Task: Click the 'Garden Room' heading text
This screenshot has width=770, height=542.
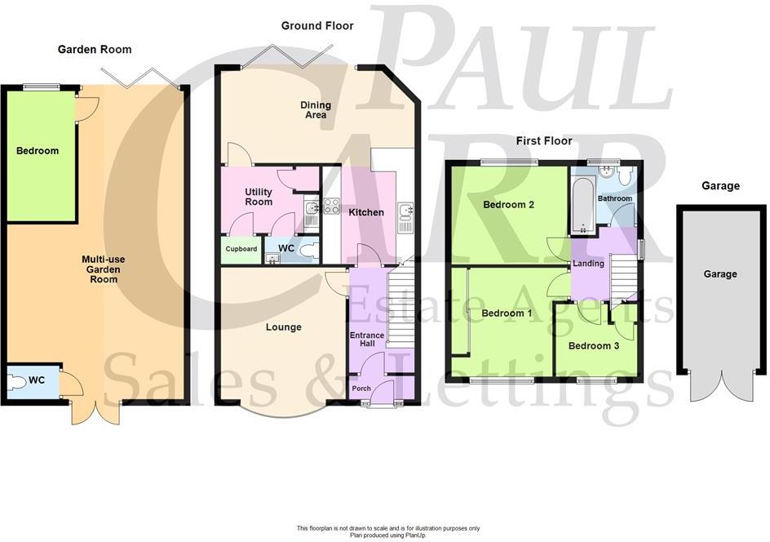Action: (x=95, y=49)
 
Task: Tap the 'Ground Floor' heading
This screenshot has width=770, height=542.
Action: (x=317, y=26)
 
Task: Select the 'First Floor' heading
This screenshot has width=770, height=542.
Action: (x=544, y=140)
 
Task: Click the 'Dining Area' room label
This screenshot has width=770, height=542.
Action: (x=316, y=109)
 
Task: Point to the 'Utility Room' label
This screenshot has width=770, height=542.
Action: (x=259, y=197)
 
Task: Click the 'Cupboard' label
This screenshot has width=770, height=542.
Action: (x=241, y=249)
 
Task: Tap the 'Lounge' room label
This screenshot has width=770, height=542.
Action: (x=283, y=327)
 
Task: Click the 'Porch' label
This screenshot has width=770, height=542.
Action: (x=361, y=389)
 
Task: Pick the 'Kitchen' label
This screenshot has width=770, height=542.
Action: (x=366, y=212)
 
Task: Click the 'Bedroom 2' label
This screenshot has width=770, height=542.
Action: (x=508, y=205)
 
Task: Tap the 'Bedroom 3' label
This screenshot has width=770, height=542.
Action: (x=594, y=346)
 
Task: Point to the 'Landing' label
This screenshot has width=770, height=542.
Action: (x=588, y=264)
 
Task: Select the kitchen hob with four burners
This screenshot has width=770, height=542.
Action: (x=331, y=206)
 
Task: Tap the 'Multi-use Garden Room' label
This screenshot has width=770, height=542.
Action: (x=104, y=269)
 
